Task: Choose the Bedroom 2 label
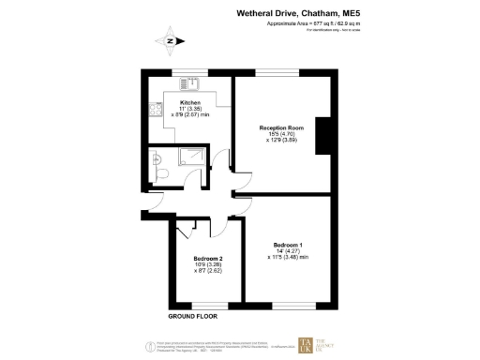(207, 258)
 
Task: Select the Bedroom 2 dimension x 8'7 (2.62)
(207, 272)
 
